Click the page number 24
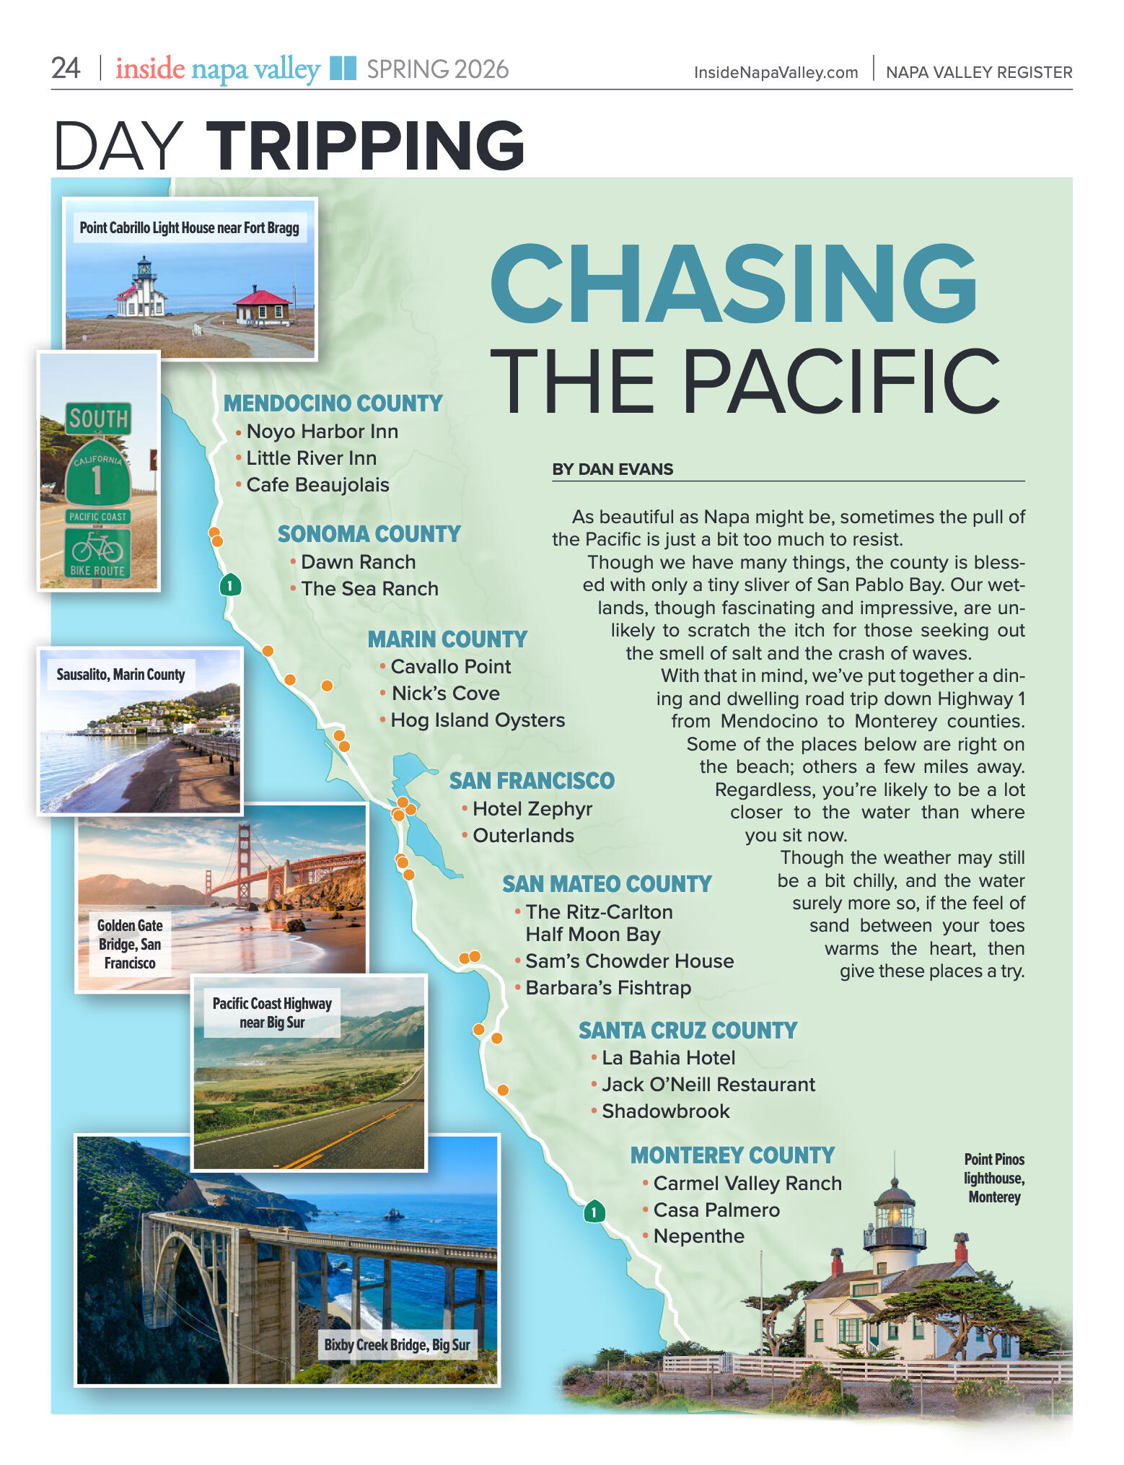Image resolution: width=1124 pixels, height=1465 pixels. [x=66, y=69]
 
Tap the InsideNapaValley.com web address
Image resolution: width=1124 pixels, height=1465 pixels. [x=776, y=72]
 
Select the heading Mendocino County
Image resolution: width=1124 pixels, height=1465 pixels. [x=333, y=403]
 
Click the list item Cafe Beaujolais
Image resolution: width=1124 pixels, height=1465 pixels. [x=317, y=485]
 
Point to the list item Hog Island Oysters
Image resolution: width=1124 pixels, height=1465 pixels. [x=477, y=720]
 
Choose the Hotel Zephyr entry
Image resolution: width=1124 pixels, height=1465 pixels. [x=532, y=809]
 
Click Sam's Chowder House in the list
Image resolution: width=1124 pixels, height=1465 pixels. [x=629, y=961]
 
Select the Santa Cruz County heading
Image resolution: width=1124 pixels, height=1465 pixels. [x=688, y=1031]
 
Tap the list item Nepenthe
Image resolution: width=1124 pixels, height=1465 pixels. [x=698, y=1236]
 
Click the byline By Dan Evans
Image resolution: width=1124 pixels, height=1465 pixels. [x=613, y=469]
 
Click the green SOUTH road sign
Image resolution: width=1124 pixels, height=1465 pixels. [x=99, y=419]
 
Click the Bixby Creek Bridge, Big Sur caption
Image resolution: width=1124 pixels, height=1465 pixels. [x=397, y=1344]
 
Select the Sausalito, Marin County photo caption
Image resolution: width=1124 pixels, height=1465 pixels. [x=120, y=675]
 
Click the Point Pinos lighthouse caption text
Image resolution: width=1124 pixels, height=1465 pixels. [x=994, y=1178]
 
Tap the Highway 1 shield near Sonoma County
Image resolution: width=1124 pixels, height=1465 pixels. [x=230, y=585]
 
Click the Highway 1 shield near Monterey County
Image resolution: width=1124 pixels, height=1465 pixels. [x=594, y=1212]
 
